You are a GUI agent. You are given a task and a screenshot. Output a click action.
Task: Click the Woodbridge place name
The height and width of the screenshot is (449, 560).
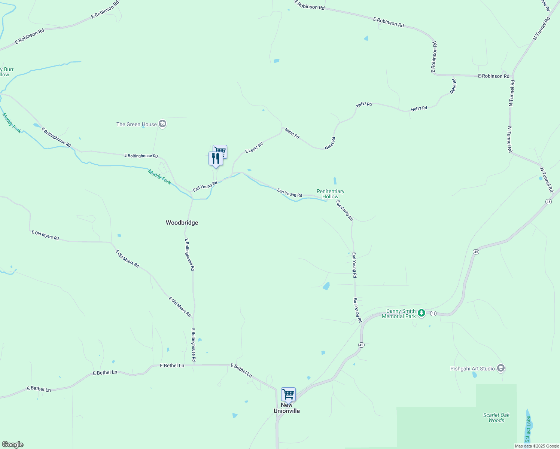point(182,223)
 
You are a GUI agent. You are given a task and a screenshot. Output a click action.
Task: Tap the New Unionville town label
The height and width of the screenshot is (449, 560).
point(287,408)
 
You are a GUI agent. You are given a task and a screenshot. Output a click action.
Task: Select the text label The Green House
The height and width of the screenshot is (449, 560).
point(137,124)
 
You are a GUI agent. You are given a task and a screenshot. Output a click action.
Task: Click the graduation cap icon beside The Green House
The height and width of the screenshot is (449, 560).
point(162,124)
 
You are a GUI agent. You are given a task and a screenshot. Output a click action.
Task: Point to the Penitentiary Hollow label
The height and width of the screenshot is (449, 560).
point(331,194)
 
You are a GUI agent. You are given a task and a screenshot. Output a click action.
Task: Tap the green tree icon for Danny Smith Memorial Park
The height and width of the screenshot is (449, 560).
point(421,313)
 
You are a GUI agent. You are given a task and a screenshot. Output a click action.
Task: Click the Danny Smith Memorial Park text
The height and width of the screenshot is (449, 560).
point(399,314)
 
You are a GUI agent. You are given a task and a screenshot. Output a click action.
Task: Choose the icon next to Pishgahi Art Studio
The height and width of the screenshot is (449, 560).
point(501,368)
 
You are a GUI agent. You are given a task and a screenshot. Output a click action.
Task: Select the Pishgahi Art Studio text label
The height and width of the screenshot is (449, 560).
point(472,369)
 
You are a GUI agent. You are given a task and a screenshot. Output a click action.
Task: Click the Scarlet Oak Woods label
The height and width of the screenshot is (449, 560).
point(496,418)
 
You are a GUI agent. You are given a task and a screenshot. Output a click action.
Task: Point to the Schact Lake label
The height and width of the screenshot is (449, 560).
point(528,429)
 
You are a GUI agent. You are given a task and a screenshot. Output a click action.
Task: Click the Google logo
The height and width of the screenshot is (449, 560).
point(13,445)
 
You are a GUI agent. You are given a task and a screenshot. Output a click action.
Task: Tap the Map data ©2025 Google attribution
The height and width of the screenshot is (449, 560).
point(537,446)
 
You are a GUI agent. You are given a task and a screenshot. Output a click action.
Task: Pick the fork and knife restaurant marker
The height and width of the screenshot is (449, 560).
point(215,158)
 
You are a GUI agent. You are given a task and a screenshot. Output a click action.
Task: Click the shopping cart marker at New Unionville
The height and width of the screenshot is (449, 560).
point(288,394)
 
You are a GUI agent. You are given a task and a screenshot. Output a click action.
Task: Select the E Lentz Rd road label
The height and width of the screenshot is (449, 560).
point(254,147)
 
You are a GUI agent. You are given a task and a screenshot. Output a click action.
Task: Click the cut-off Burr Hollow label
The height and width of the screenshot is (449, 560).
point(6,72)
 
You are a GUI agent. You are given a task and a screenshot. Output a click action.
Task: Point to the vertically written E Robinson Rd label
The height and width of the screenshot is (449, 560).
point(434,56)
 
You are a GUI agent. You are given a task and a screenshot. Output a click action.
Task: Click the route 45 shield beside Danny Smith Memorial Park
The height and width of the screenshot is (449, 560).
point(433,313)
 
